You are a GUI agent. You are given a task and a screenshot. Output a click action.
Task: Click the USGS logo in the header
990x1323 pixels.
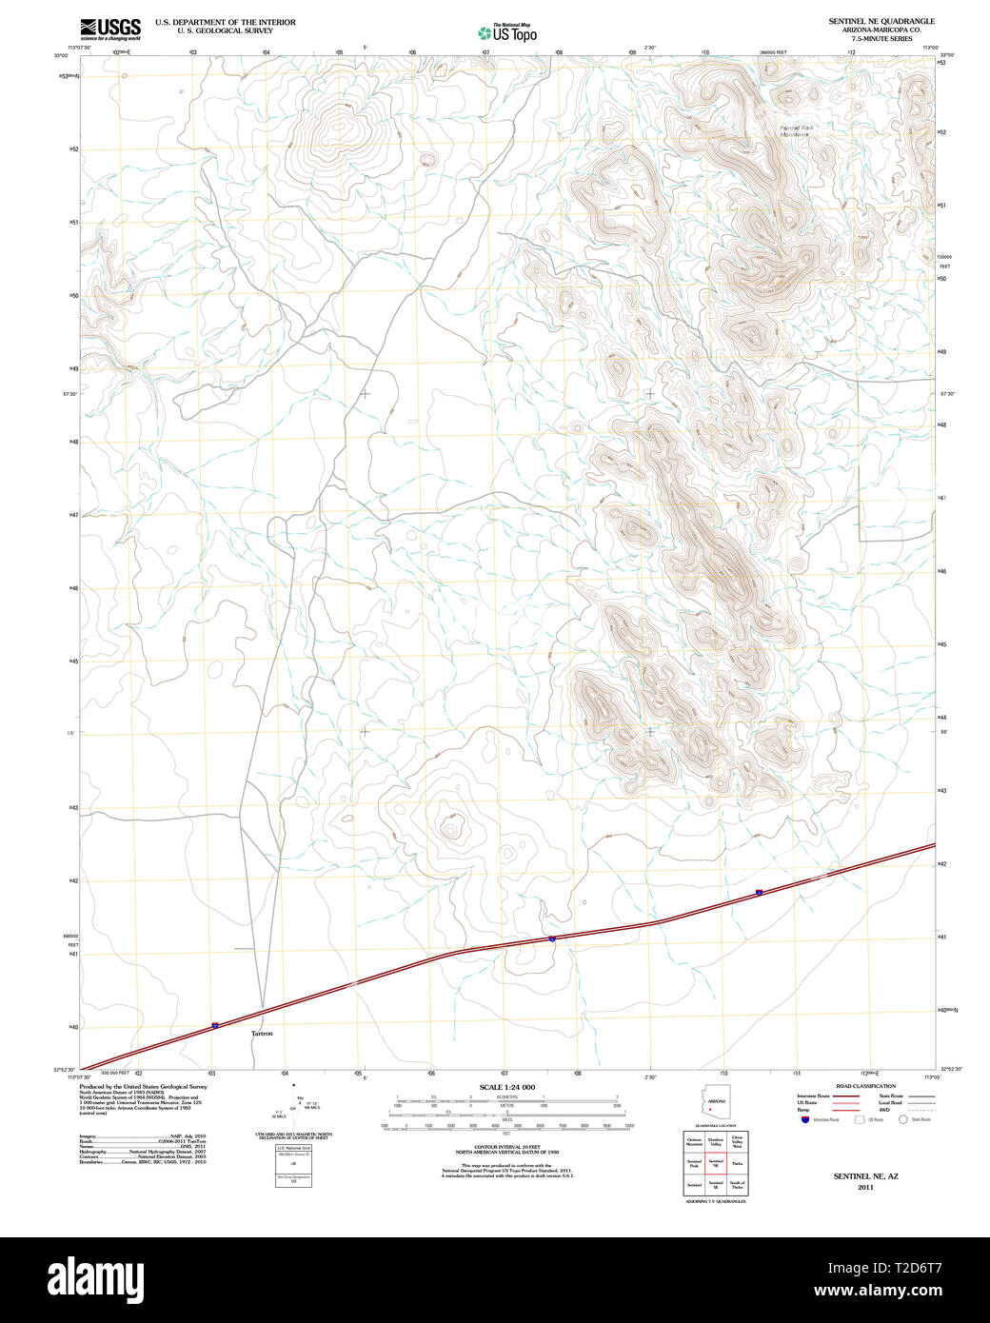110,29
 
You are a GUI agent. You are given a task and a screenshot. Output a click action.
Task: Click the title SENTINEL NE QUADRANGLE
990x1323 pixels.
881,21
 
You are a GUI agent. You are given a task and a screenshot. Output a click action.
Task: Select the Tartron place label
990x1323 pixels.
262,1034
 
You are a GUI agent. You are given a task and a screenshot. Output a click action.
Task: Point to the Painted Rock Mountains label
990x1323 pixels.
796,130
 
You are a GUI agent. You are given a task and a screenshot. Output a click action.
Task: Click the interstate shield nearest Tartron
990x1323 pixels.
215,1025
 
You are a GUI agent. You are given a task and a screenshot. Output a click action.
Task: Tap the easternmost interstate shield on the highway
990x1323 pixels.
759,892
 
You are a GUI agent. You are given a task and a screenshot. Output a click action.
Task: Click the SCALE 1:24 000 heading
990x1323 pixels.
506,1087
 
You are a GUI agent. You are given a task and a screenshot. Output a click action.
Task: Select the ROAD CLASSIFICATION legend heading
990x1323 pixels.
865,1086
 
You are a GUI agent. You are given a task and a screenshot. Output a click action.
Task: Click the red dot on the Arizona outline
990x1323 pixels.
711,1108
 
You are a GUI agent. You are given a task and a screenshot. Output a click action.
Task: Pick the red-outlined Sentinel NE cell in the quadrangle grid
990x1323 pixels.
716,1164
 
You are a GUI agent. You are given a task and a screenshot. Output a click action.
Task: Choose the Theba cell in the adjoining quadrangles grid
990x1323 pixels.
738,1164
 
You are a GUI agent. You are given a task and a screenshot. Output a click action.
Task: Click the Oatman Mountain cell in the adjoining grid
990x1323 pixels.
694,1142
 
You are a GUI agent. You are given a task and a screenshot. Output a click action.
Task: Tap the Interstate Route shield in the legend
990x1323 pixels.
804,1119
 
